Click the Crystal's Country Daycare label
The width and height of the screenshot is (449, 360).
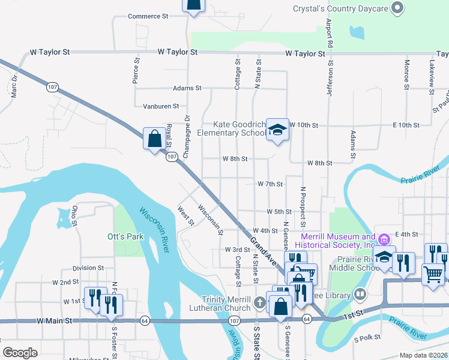click(339, 9)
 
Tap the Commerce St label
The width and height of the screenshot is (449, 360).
click(148, 16)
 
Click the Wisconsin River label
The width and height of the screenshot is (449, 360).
click(155, 230)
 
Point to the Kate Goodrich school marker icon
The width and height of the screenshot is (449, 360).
click(277, 130)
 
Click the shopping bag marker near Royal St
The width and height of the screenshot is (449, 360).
click(155, 139)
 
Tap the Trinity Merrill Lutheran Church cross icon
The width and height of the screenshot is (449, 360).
click(259, 301)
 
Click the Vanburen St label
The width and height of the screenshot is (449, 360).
click(161, 106)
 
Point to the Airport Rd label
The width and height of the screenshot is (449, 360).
click(329, 34)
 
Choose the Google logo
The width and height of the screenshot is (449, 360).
click(20, 353)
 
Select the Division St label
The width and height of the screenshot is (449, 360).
click(88, 268)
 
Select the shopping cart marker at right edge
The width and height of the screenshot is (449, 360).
click(433, 274)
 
